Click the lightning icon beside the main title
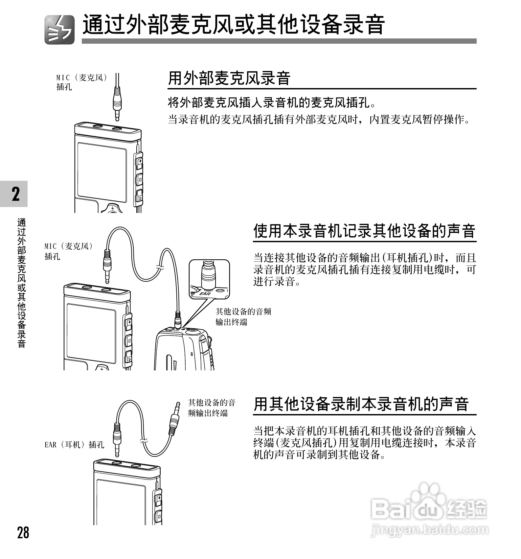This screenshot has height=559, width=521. [x=59, y=30]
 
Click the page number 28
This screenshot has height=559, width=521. [x=23, y=532]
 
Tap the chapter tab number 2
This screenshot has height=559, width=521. [x=15, y=194]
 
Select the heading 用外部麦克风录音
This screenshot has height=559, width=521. [x=229, y=79]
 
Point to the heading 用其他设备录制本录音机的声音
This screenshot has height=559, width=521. [x=361, y=404]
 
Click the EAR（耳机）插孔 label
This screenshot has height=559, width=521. [x=74, y=445]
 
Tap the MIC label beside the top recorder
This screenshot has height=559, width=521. [x=81, y=82]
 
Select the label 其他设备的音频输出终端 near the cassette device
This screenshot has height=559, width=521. [x=243, y=316]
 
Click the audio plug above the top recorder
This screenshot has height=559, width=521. [x=118, y=102]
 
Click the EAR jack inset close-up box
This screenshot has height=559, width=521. [x=209, y=279]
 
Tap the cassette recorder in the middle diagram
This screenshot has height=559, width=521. [x=184, y=350]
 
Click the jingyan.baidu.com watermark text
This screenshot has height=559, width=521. [x=429, y=530]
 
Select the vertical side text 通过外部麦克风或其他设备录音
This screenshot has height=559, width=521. [x=22, y=283]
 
